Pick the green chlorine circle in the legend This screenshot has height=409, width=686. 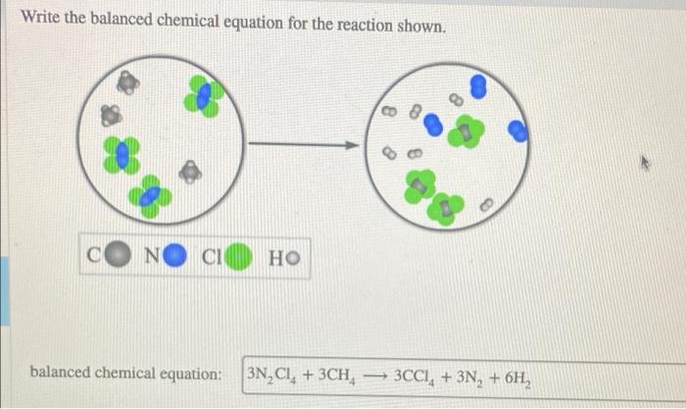click(x=241, y=259)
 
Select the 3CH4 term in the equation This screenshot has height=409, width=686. click(x=347, y=374)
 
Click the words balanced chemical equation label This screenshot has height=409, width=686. click(x=126, y=374)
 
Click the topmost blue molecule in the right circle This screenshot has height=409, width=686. click(x=478, y=86)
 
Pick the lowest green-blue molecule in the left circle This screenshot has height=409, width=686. click(x=152, y=196)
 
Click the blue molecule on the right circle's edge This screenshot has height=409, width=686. click(x=519, y=131)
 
